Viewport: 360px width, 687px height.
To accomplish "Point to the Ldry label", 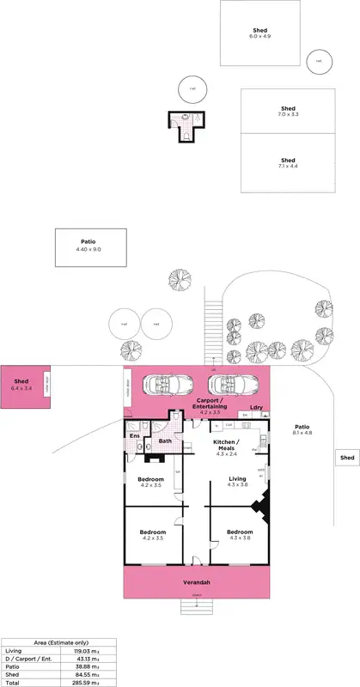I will (256, 407).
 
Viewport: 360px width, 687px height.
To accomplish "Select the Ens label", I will (134, 436).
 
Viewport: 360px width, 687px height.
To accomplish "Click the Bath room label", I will (165, 441).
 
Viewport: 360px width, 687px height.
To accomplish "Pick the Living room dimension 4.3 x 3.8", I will (237, 485).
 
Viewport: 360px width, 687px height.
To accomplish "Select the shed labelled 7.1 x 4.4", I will (288, 163).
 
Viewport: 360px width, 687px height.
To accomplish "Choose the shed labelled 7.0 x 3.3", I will (287, 112).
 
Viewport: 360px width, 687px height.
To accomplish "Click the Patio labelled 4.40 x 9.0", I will (90, 246).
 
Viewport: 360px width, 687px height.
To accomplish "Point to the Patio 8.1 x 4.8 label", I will (302, 429).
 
